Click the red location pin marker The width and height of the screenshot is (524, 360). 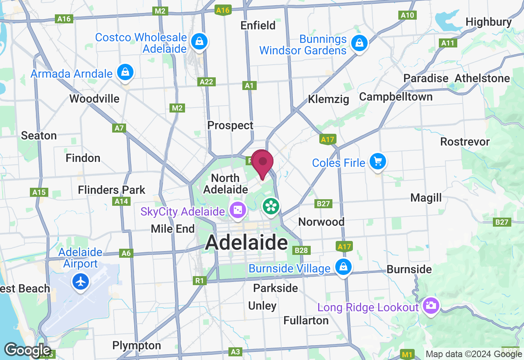tap(262, 163)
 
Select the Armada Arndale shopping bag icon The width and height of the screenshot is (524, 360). tap(125, 72)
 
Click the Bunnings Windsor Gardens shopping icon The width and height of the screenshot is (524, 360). tap(359, 43)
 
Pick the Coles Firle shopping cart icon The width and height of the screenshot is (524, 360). tap(377, 161)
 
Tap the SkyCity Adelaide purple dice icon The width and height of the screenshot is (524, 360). tap(237, 211)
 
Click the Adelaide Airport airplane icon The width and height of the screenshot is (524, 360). tap(81, 281)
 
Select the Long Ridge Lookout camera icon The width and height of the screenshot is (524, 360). tap(430, 306)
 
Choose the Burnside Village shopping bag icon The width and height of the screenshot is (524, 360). tap(343, 267)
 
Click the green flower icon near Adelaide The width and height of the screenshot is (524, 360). tap(271, 206)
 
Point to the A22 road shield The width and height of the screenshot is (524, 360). tap(207, 82)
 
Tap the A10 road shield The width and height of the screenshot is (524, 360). tap(407, 15)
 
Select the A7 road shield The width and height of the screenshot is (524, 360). tap(119, 128)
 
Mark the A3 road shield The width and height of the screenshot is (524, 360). tap(235, 351)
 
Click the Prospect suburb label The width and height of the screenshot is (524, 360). tap(230, 125)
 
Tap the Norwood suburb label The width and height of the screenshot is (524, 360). tap(321, 222)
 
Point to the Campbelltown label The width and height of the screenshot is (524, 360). tap(396, 97)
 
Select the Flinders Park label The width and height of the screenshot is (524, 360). tap(112, 190)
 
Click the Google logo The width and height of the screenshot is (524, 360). tap(27, 350)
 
